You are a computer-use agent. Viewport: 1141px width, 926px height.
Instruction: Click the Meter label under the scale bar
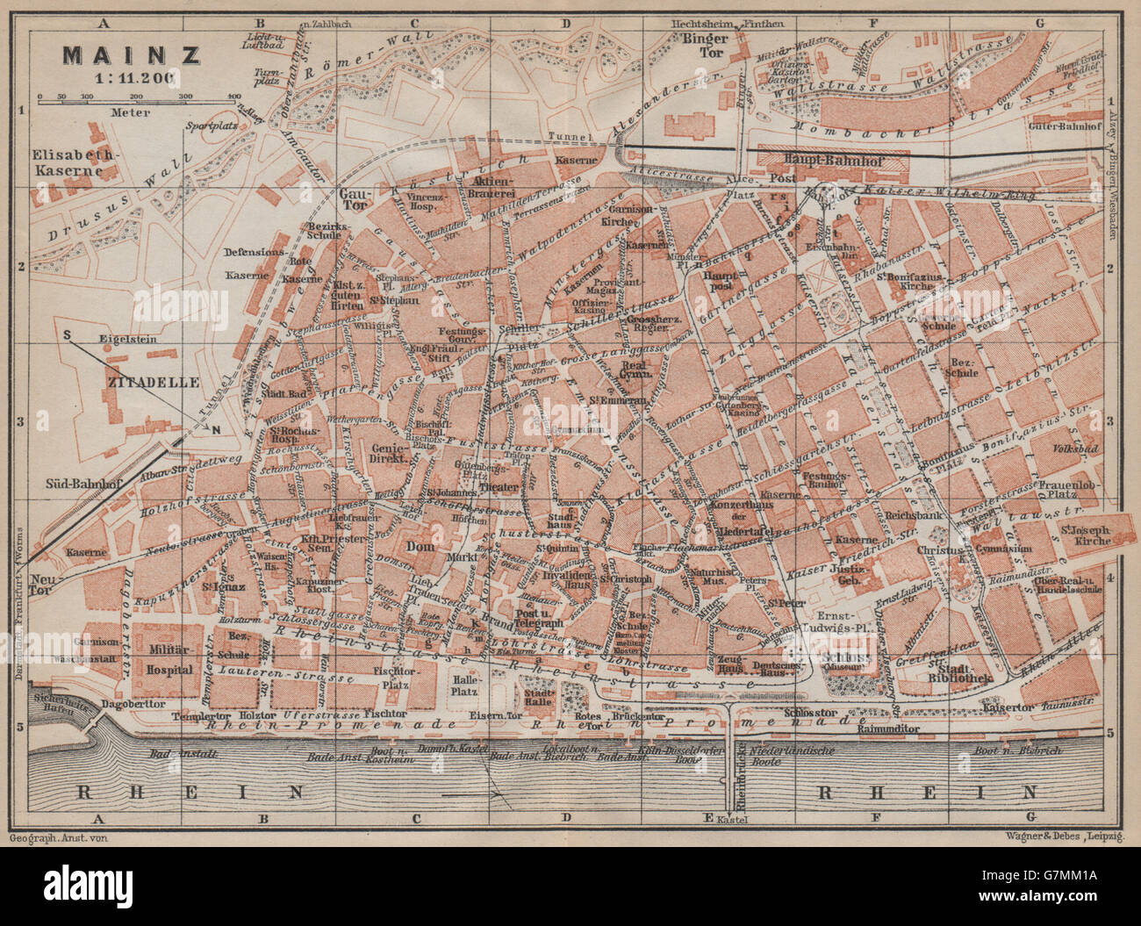click(130, 111)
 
